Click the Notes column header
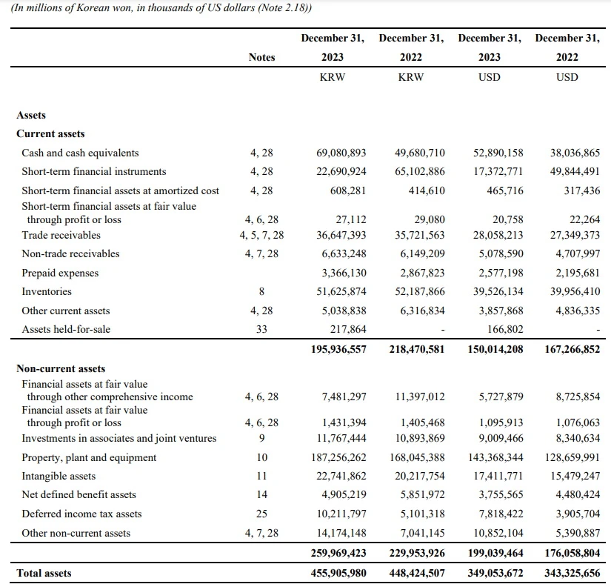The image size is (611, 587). pos(261,57)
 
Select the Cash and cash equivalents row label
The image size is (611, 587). pos(80,153)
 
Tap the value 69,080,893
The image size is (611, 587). pos(341,153)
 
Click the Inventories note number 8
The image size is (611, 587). pos(261,291)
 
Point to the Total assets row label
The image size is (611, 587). pos(44,572)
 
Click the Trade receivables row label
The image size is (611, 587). pos(61,235)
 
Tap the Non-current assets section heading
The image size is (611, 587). pos(61,368)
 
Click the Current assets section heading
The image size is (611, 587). pos(50,133)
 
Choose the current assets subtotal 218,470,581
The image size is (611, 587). pos(416,349)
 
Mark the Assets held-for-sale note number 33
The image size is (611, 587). pos(261,329)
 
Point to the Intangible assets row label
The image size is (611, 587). pos(59,476)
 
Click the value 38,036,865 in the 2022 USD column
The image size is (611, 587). pos(575,153)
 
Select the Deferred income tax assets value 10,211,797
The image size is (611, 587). pos(341,514)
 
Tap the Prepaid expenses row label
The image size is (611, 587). pos(60,273)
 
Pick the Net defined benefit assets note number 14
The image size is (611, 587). pos(261,494)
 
